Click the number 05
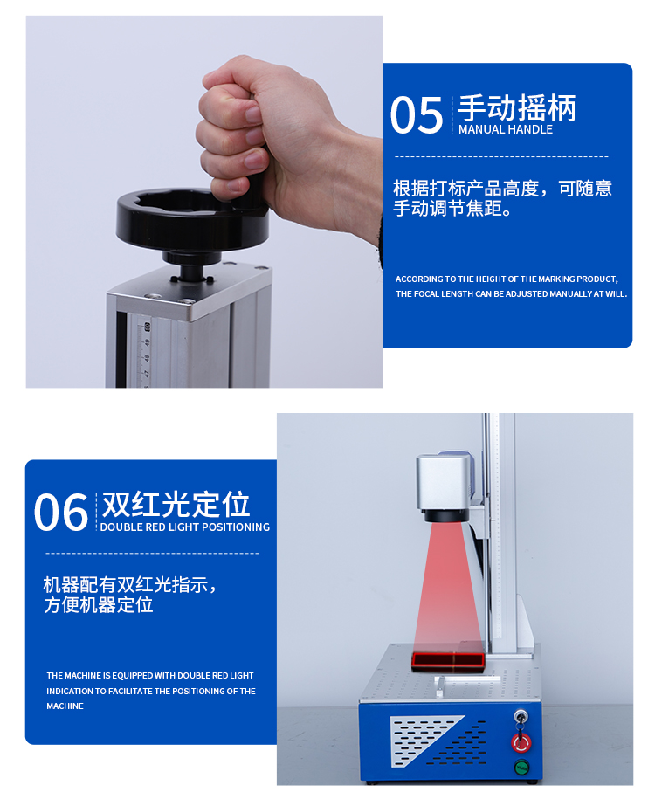pyautogui.click(x=416, y=116)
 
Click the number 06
pyautogui.click(x=60, y=513)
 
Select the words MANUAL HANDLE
pyautogui.click(x=506, y=130)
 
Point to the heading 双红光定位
pyautogui.click(x=176, y=505)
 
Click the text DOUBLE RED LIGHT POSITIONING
pyautogui.click(x=184, y=527)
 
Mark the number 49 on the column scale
pyautogui.click(x=147, y=357)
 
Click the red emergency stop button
pyautogui.click(x=520, y=742)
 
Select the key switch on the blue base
pyautogui.click(x=521, y=714)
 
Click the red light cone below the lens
pyautogui.click(x=445, y=585)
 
